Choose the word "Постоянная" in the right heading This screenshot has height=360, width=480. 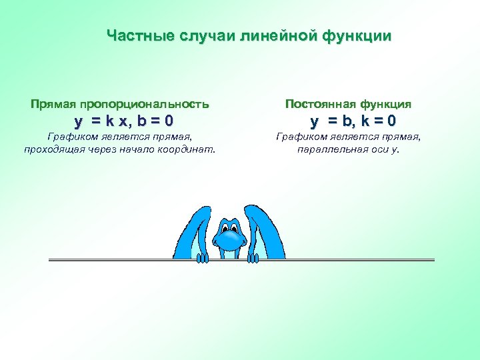319,104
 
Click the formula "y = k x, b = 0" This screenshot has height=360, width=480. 124,121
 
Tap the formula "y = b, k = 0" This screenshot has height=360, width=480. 353,121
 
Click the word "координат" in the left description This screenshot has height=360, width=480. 189,149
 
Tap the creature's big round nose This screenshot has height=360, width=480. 230,235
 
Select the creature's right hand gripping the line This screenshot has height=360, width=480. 253,257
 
